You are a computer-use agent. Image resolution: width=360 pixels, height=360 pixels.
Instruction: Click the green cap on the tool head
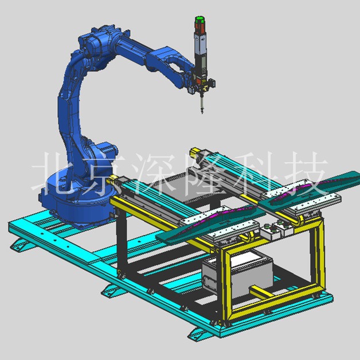click(199, 19)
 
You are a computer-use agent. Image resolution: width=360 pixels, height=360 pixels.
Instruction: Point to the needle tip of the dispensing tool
click(202, 113)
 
